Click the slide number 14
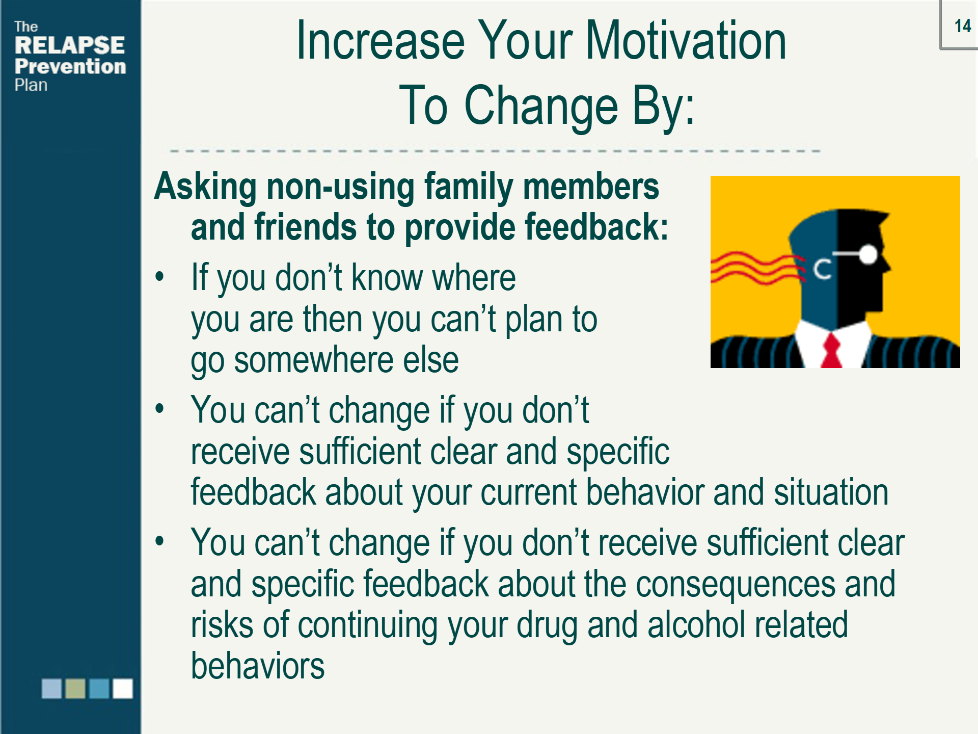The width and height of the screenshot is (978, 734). coord(962,26)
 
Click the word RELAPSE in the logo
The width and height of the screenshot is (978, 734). coord(70,45)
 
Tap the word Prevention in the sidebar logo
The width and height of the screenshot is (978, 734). coord(70,66)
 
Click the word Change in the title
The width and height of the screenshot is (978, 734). coord(541,106)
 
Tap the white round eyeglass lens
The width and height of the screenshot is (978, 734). coord(868,254)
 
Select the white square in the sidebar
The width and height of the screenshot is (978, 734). coord(123,688)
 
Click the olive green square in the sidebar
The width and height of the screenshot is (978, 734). coord(75,688)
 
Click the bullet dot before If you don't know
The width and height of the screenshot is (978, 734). coord(160,277)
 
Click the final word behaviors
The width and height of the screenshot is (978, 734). coord(257,666)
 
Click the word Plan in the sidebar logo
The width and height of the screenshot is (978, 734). coord(31,85)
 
